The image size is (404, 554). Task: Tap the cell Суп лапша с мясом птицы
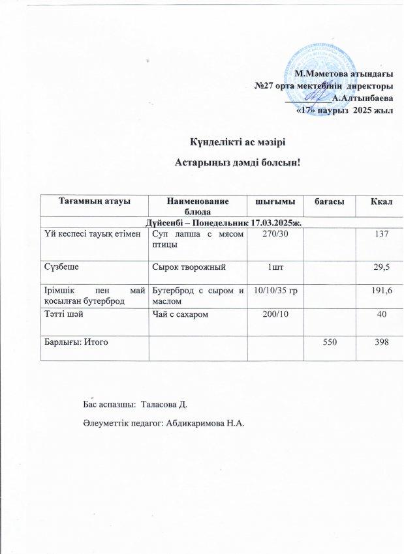(197, 238)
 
